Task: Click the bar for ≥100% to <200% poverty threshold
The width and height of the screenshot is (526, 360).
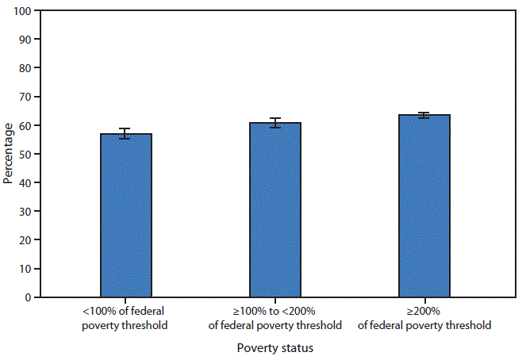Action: click(x=275, y=210)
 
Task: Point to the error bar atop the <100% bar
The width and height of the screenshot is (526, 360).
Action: click(x=125, y=133)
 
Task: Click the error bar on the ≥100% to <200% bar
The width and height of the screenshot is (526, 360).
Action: click(x=275, y=123)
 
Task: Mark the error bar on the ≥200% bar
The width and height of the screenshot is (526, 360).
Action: click(x=424, y=115)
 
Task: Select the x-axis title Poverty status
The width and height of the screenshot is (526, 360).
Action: click(x=275, y=347)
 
